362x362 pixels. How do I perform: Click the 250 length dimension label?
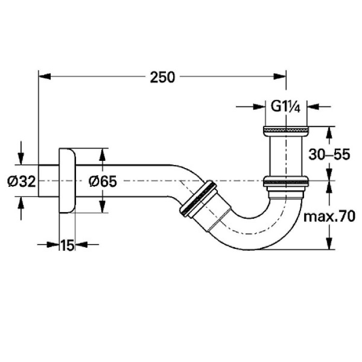(x=162, y=77)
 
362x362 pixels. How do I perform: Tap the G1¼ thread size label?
(x=285, y=107)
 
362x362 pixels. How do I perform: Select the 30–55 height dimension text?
(x=329, y=154)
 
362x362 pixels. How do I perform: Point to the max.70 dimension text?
(x=329, y=217)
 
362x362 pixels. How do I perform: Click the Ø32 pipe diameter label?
(x=22, y=181)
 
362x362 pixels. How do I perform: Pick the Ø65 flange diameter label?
(x=103, y=181)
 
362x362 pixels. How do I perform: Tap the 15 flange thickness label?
(x=67, y=245)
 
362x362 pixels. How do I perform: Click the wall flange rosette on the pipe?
(x=67, y=180)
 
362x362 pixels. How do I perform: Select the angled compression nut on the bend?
(x=198, y=199)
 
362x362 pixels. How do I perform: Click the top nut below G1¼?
(x=286, y=131)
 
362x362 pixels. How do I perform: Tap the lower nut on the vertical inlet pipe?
(x=286, y=180)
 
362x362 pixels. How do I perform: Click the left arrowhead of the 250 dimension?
(x=44, y=77)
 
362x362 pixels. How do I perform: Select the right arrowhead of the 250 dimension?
(x=280, y=77)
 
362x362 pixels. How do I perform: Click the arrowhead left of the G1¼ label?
(x=259, y=107)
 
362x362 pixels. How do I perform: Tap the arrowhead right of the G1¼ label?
(x=313, y=107)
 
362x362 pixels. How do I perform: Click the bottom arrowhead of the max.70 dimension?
(x=329, y=243)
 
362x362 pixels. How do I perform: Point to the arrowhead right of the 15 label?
(x=82, y=244)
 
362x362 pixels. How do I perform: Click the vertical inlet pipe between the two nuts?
(x=286, y=156)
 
